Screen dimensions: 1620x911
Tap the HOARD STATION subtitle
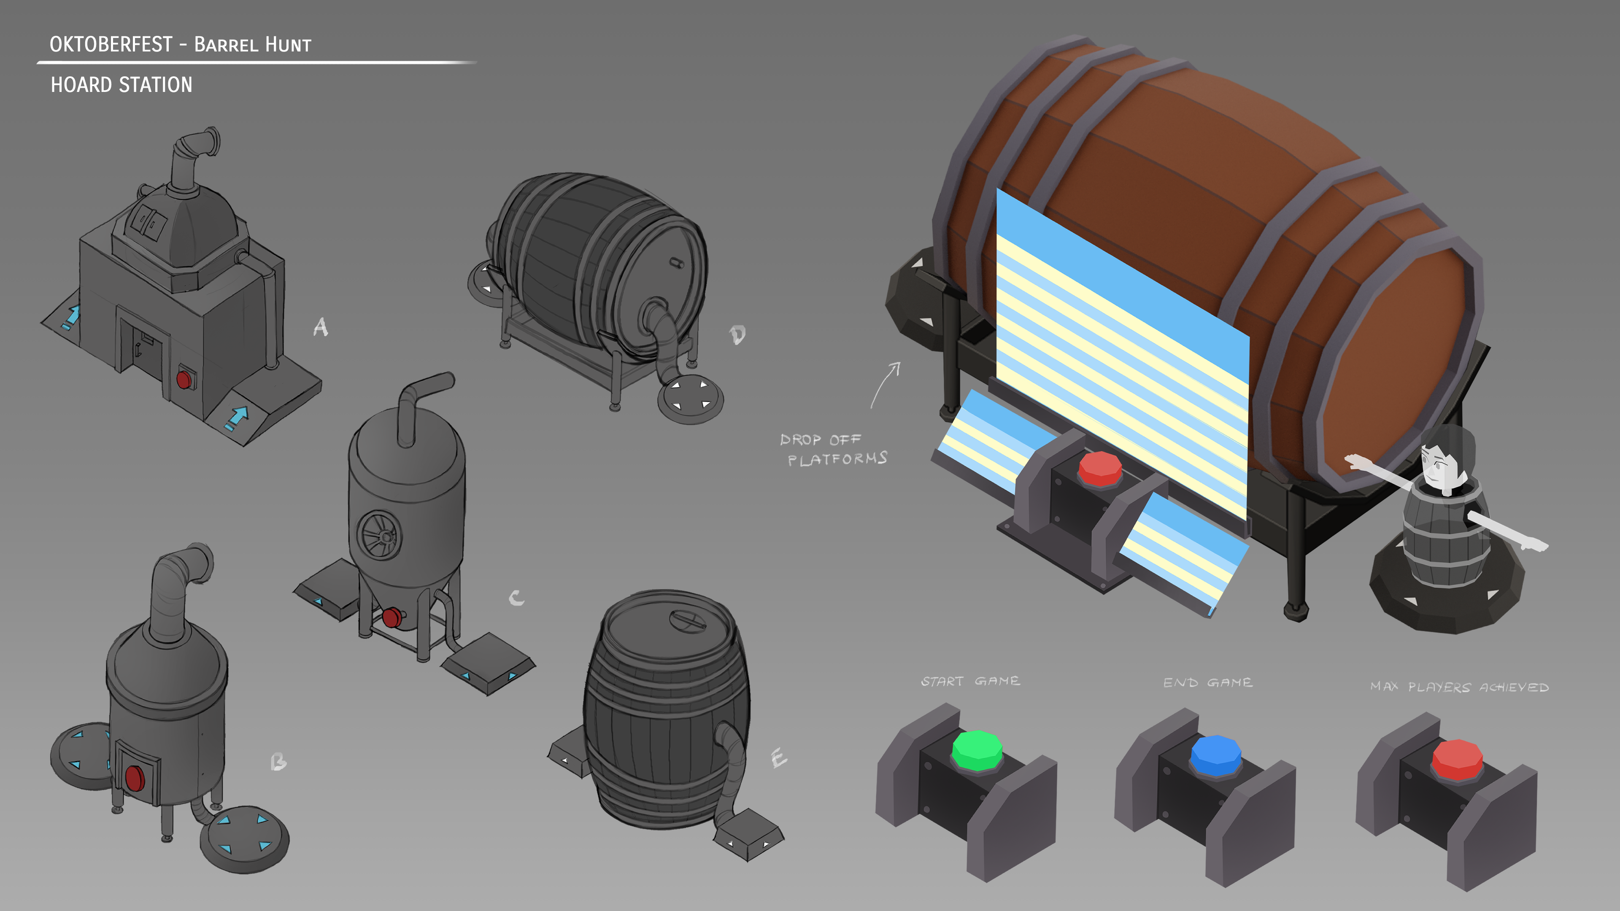(121, 85)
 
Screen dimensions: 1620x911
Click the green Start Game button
(977, 750)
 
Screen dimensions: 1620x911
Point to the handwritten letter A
(321, 326)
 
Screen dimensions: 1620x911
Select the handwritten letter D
(737, 334)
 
